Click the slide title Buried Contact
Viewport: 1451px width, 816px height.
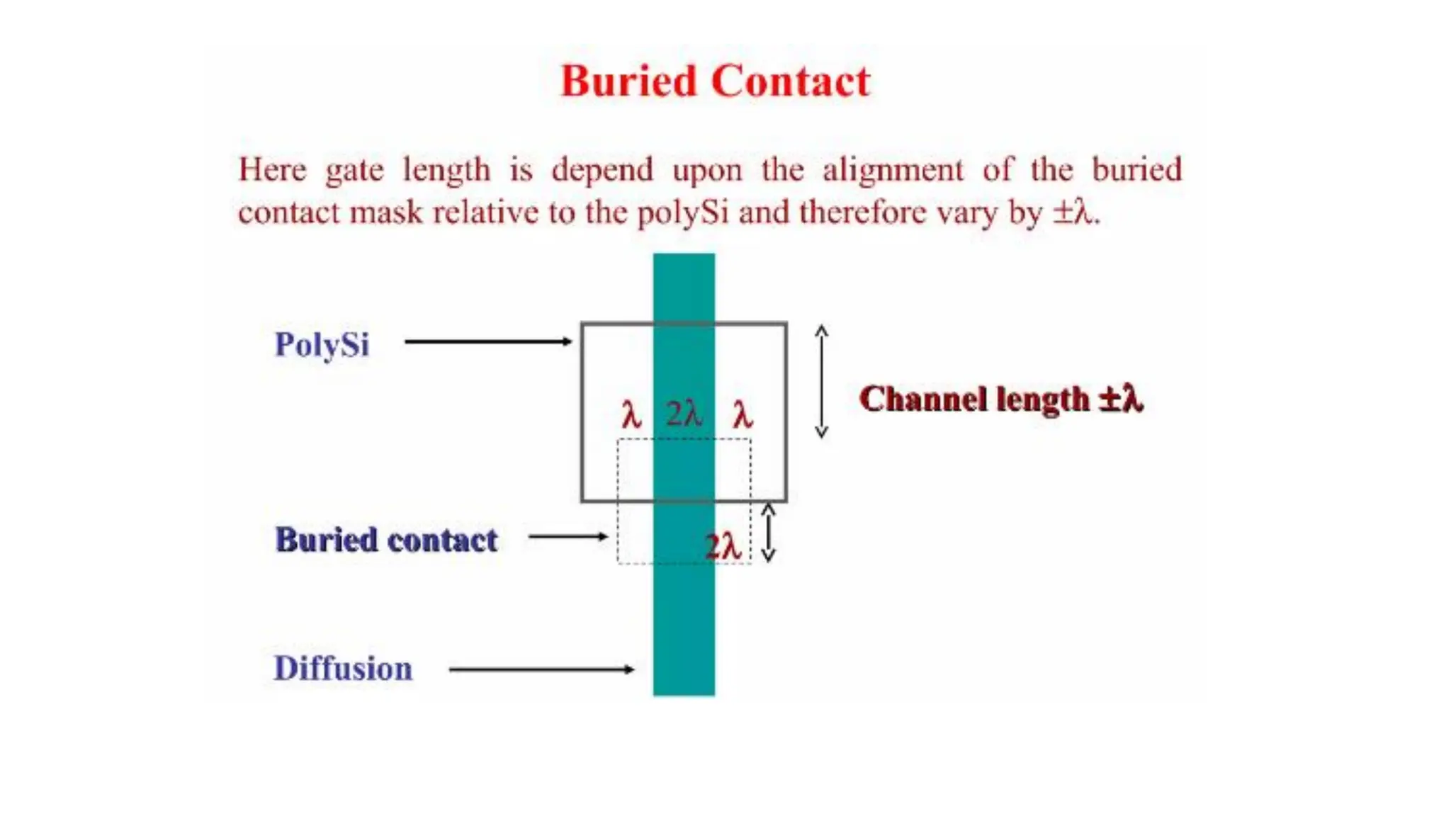pyautogui.click(x=715, y=81)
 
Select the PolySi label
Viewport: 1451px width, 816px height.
pyautogui.click(x=322, y=345)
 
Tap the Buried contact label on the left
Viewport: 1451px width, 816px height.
pyautogui.click(x=386, y=540)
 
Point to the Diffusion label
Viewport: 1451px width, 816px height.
pyautogui.click(x=343, y=669)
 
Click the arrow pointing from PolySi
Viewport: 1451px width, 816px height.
pyautogui.click(x=487, y=341)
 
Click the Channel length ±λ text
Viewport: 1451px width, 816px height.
pyautogui.click(x=1000, y=399)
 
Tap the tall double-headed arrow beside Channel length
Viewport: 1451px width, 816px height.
pyautogui.click(x=821, y=381)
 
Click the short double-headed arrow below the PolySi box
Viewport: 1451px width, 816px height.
pyautogui.click(x=768, y=533)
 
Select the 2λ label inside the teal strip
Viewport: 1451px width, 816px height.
pyautogui.click(x=684, y=414)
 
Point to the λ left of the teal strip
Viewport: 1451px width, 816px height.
pyautogui.click(x=631, y=414)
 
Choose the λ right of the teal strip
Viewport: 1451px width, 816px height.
pyautogui.click(x=743, y=414)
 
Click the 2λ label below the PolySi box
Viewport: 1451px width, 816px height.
pyautogui.click(x=723, y=546)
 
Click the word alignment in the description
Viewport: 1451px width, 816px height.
pyautogui.click(x=893, y=170)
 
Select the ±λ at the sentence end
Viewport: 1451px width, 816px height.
pyautogui.click(x=1074, y=212)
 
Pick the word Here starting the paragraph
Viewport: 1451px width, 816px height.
pyautogui.click(x=273, y=170)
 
